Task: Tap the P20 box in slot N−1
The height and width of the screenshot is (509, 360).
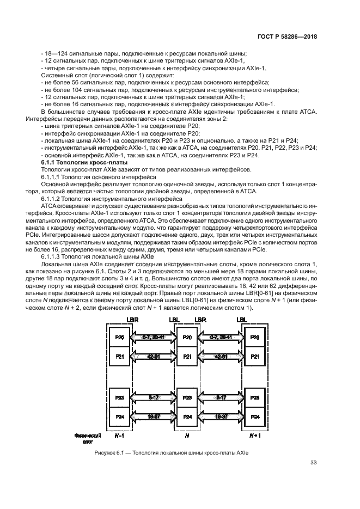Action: (x=120, y=338)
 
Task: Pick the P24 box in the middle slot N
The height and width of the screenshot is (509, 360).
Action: (x=187, y=416)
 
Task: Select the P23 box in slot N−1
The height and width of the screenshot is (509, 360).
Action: (x=120, y=397)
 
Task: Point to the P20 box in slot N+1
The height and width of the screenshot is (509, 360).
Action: (x=254, y=338)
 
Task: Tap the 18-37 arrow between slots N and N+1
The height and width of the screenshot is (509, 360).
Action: (x=221, y=416)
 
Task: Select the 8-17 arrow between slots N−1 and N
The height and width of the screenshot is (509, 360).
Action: (x=153, y=397)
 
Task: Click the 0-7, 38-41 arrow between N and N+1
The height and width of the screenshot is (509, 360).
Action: (x=221, y=338)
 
